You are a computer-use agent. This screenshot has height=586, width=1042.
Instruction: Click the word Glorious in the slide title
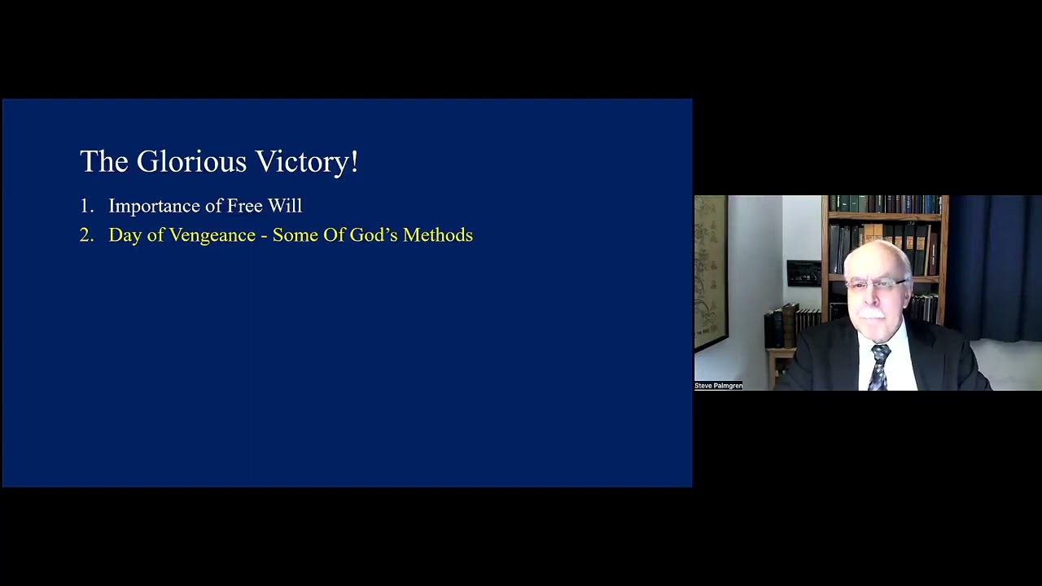click(x=191, y=161)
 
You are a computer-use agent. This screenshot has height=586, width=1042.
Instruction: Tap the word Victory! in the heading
click(x=307, y=162)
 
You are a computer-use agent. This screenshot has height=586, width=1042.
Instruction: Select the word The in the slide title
click(x=103, y=161)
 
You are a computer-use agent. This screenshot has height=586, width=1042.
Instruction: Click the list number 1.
click(x=86, y=206)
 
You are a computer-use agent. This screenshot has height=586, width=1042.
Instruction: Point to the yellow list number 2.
click(x=86, y=235)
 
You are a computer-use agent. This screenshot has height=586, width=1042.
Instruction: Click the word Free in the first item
click(x=245, y=206)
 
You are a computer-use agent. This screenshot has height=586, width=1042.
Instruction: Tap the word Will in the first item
click(x=285, y=206)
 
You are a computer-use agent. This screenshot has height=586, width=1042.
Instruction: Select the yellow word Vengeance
click(x=212, y=236)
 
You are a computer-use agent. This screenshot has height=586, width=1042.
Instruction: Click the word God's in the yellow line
click(x=373, y=235)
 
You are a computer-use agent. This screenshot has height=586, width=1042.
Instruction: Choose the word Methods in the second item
click(x=438, y=235)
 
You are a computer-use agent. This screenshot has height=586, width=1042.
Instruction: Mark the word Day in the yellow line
click(x=125, y=236)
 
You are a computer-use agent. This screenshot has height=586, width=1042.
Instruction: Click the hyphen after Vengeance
click(x=264, y=237)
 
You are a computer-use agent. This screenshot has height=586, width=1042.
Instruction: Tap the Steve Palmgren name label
click(x=718, y=386)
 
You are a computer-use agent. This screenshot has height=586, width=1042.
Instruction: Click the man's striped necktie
click(x=879, y=367)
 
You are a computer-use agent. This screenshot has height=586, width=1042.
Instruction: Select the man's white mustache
click(x=872, y=313)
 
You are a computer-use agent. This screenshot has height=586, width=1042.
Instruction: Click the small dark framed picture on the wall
click(x=803, y=273)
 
